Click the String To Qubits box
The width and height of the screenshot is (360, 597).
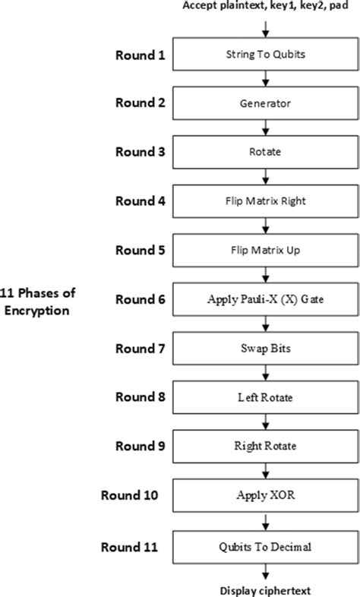(x=264, y=55)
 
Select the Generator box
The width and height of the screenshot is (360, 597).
(x=264, y=103)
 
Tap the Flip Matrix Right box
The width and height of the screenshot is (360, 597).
(x=264, y=201)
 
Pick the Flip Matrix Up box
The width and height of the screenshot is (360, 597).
(x=264, y=250)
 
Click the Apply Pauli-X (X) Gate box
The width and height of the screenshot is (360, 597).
(x=264, y=299)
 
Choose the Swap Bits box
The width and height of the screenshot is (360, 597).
(x=264, y=348)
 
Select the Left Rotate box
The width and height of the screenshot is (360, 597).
(x=264, y=397)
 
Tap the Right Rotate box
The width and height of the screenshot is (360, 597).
(x=264, y=446)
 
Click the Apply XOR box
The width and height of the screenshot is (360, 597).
(x=264, y=495)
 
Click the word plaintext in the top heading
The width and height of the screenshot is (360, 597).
(x=242, y=7)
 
